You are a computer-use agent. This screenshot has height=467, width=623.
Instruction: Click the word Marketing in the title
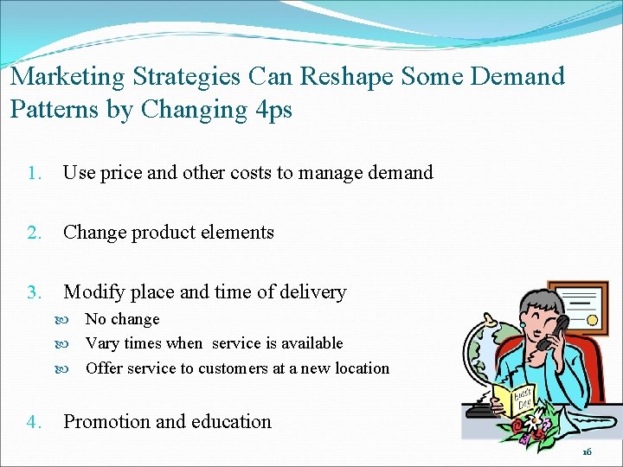tap(67, 77)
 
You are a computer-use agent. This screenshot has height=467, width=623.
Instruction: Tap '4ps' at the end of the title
tap(272, 110)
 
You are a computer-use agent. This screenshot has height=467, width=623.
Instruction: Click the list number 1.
tap(33, 173)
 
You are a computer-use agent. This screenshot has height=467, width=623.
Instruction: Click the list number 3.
tap(33, 293)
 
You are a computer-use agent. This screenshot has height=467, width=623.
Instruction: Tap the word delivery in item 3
tap(309, 293)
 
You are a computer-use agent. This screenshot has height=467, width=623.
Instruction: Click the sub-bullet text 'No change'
tap(122, 320)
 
